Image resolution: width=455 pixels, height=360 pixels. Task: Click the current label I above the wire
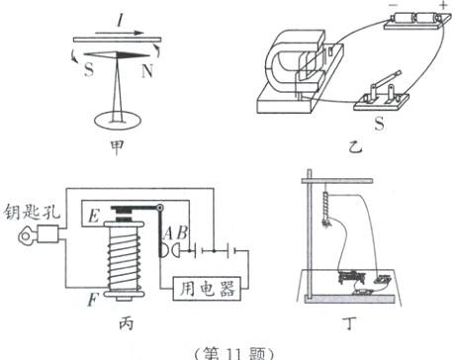coord(121,21)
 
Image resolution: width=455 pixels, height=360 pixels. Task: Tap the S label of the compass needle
coord(89,69)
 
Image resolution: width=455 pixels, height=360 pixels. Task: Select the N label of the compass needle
coord(147,70)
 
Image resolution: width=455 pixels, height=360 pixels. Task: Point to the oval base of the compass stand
coord(118,121)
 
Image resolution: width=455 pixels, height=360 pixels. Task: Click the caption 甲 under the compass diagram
coord(117,147)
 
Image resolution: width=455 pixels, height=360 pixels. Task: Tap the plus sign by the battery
coord(443,5)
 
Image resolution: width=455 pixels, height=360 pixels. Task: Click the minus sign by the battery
coord(391,5)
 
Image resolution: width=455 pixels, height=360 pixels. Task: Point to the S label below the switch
coord(379,124)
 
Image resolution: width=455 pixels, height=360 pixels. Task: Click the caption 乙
coord(355,147)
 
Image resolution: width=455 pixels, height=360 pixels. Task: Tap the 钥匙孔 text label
coord(33,212)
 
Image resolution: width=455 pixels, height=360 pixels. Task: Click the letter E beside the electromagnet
coord(94,217)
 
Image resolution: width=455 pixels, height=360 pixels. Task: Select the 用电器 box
coord(207,289)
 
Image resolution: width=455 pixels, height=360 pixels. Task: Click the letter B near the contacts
coord(182,233)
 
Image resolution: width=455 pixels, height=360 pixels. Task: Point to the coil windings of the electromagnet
coord(125,259)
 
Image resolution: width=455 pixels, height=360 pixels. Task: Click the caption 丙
coord(126,323)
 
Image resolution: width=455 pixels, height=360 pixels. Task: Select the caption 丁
coord(351,323)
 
